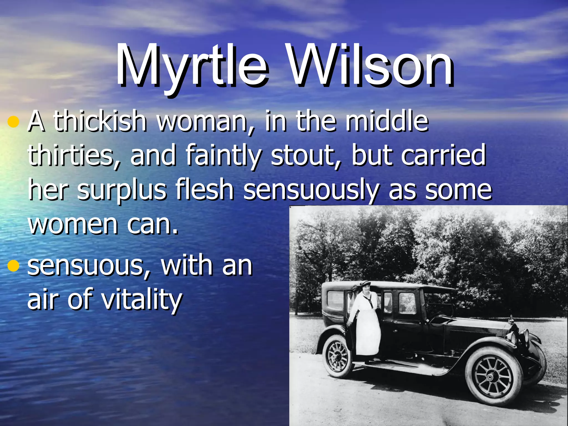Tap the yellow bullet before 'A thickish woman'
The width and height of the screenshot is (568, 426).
point(13,122)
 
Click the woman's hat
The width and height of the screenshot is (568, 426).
point(365,284)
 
